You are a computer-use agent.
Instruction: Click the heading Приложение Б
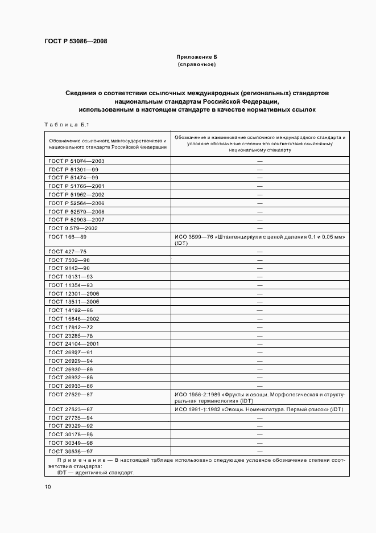click(x=197, y=58)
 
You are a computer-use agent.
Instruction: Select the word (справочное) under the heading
click(x=197, y=64)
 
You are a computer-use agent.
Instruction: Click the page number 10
click(x=48, y=486)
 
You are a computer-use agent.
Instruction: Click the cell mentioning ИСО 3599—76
click(x=259, y=239)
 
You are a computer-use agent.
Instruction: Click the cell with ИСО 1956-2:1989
click(x=259, y=397)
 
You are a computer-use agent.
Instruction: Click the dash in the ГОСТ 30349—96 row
click(x=259, y=442)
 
